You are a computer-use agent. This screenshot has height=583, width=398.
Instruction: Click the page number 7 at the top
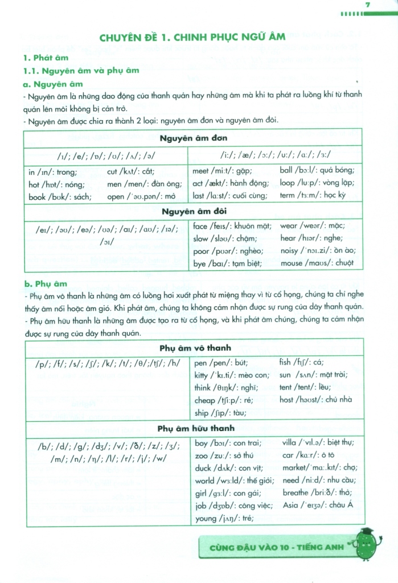(368, 5)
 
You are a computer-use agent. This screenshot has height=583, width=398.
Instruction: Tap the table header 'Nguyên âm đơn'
(191, 139)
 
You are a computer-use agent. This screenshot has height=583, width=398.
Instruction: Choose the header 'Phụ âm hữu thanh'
(191, 428)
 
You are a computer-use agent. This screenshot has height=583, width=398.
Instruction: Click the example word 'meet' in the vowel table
(201, 170)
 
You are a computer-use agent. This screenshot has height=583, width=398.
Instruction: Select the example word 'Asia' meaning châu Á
(291, 506)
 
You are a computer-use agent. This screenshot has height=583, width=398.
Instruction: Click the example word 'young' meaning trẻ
(206, 518)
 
